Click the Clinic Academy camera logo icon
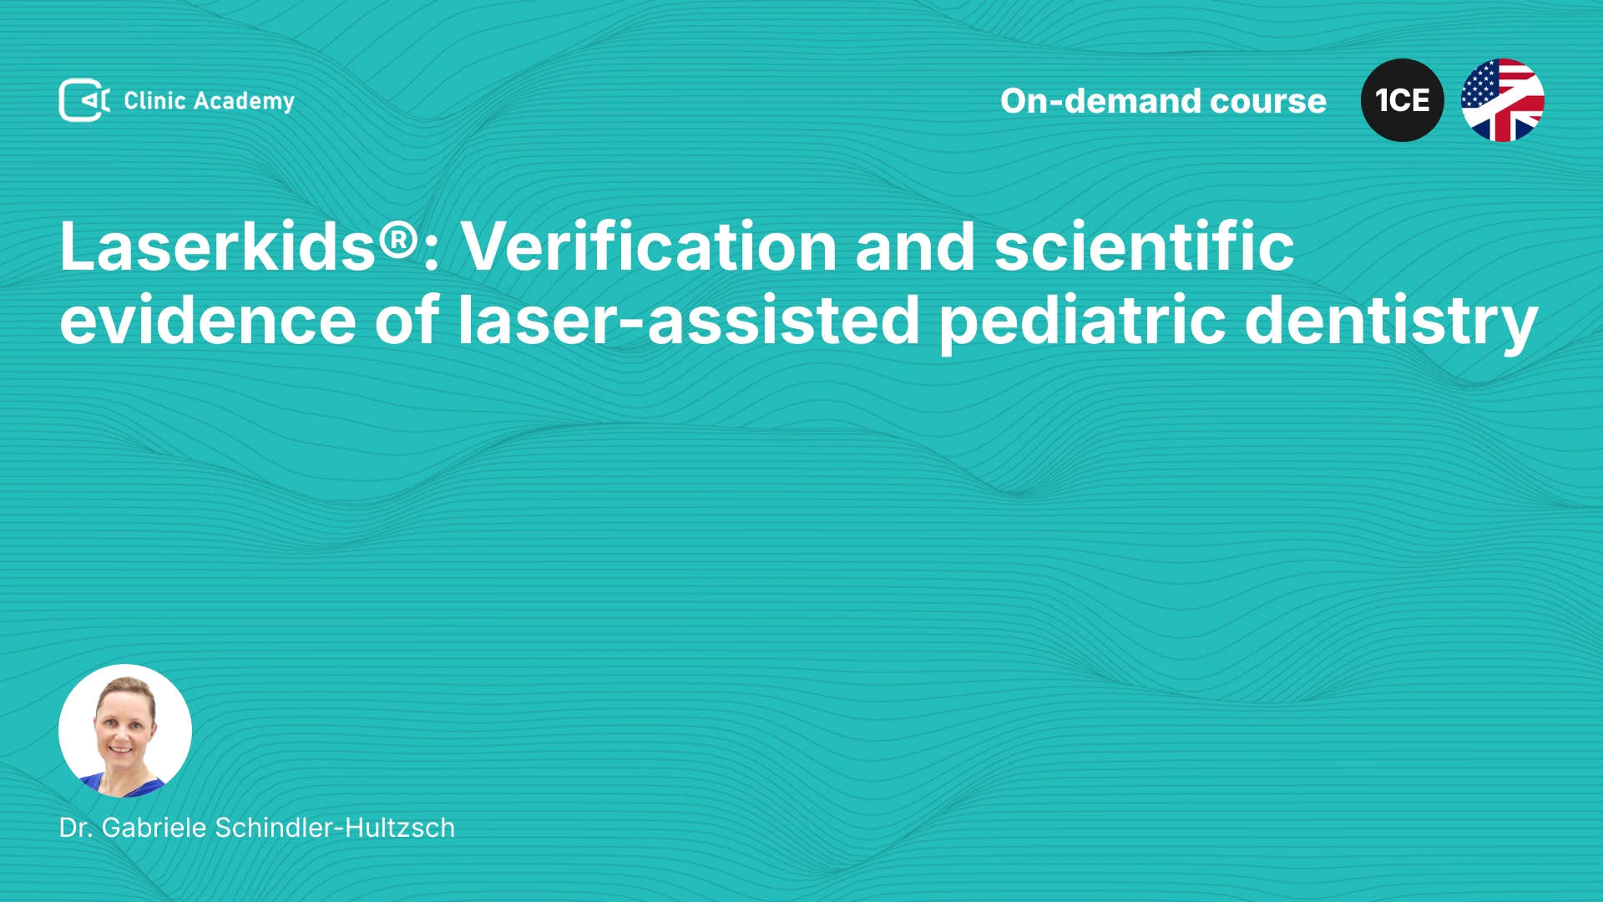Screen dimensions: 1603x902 click(x=83, y=100)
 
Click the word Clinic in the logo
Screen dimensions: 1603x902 click(x=154, y=100)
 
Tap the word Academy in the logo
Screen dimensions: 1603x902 click(x=244, y=102)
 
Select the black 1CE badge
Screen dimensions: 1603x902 click(x=1403, y=100)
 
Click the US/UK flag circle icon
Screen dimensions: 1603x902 click(x=1503, y=100)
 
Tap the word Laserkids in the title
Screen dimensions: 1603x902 click(x=217, y=246)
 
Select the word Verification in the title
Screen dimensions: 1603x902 click(x=649, y=246)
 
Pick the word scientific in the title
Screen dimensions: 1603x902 click(x=1144, y=246)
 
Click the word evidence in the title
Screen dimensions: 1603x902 click(x=208, y=319)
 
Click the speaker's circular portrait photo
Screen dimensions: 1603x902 click(x=125, y=731)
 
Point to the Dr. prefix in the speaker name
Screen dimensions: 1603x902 click(x=75, y=828)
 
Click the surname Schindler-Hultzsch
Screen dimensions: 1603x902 click(x=335, y=828)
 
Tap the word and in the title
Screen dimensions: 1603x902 click(x=915, y=246)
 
